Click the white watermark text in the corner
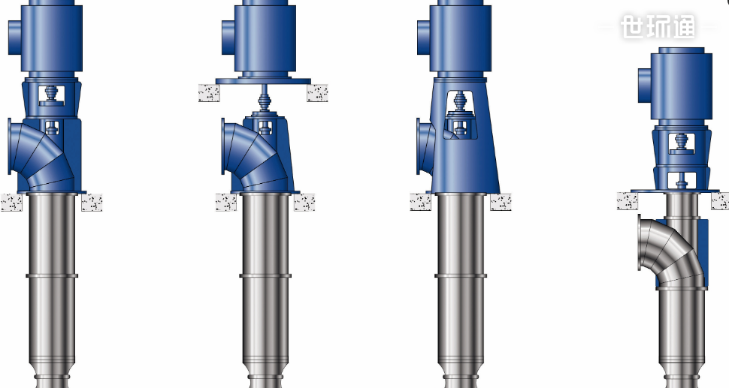(658, 26)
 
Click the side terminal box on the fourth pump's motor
(644, 86)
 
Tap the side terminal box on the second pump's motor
(228, 37)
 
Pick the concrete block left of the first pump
(11, 203)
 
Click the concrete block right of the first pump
(92, 203)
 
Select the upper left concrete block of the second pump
(209, 93)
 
